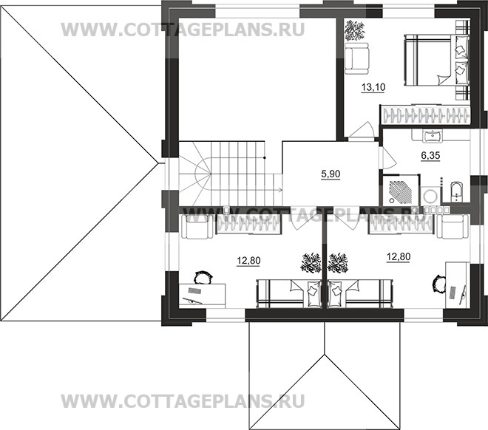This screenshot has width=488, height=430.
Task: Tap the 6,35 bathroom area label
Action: click(409, 156)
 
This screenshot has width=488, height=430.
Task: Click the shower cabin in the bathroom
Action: click(399, 189)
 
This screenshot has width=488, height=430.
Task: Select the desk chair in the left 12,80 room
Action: click(201, 277)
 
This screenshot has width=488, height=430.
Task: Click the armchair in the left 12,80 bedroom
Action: click(196, 228)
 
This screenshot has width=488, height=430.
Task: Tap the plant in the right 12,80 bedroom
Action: click(339, 262)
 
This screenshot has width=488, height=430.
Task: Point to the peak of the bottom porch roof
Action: click(324, 354)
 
